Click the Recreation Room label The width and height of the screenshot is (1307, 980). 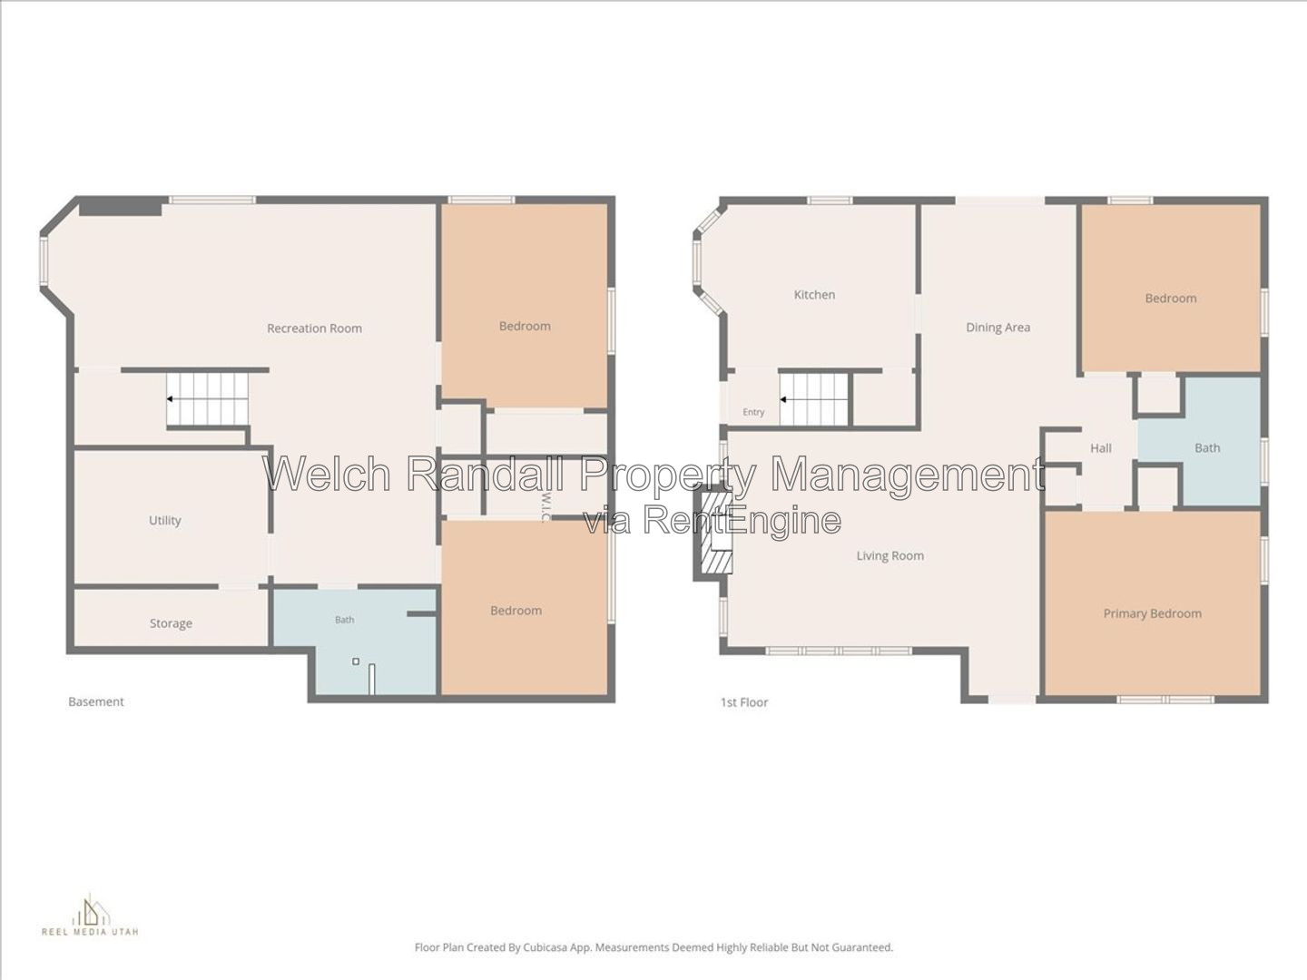pyautogui.click(x=314, y=328)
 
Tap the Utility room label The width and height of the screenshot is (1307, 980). pyautogui.click(x=165, y=521)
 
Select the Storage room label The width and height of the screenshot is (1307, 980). pyautogui.click(x=171, y=623)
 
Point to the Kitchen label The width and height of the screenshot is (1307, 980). pyautogui.click(x=814, y=295)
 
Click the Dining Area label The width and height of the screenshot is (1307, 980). pyautogui.click(x=998, y=328)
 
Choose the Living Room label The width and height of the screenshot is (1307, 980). pyautogui.click(x=890, y=555)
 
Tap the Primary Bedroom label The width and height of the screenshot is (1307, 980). pyautogui.click(x=1152, y=613)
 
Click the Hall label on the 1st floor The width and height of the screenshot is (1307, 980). pyautogui.click(x=1101, y=448)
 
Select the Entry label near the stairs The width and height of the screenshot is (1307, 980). pyautogui.click(x=753, y=412)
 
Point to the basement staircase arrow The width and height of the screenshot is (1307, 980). pyautogui.click(x=171, y=398)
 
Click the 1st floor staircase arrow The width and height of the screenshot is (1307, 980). pyautogui.click(x=784, y=399)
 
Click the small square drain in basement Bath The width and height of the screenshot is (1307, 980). pyautogui.click(x=356, y=661)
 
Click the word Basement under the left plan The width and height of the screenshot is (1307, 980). pyautogui.click(x=96, y=701)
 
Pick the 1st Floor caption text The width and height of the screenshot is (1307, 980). pyautogui.click(x=744, y=702)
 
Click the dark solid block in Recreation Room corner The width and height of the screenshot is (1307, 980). pyautogui.click(x=121, y=207)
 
